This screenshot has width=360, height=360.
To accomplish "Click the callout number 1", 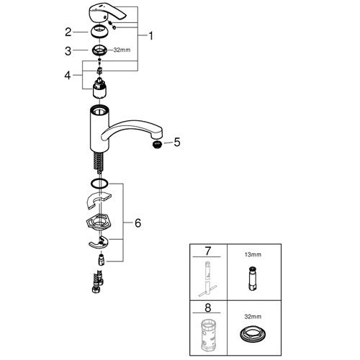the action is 150,36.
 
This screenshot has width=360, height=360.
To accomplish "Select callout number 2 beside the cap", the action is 68,32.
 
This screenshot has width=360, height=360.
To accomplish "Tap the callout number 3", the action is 68,51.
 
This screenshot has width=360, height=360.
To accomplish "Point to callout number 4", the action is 68,76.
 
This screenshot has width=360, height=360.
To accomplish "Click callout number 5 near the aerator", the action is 177,143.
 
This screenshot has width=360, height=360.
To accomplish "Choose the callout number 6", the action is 138,223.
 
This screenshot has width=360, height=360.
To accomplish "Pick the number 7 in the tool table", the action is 208,251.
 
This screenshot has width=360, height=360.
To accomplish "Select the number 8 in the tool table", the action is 208,307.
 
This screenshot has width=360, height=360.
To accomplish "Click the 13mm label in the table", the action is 253,255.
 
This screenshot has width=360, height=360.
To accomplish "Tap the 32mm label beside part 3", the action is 122,50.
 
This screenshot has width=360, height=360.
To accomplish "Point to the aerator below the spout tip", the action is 157,145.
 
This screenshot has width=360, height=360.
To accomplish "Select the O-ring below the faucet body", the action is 99,184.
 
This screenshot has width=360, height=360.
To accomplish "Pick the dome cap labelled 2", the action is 99,32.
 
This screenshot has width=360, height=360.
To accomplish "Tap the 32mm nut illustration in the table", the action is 252,334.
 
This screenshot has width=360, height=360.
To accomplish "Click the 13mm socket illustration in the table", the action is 252,278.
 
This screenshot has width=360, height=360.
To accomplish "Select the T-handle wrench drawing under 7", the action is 208,279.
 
